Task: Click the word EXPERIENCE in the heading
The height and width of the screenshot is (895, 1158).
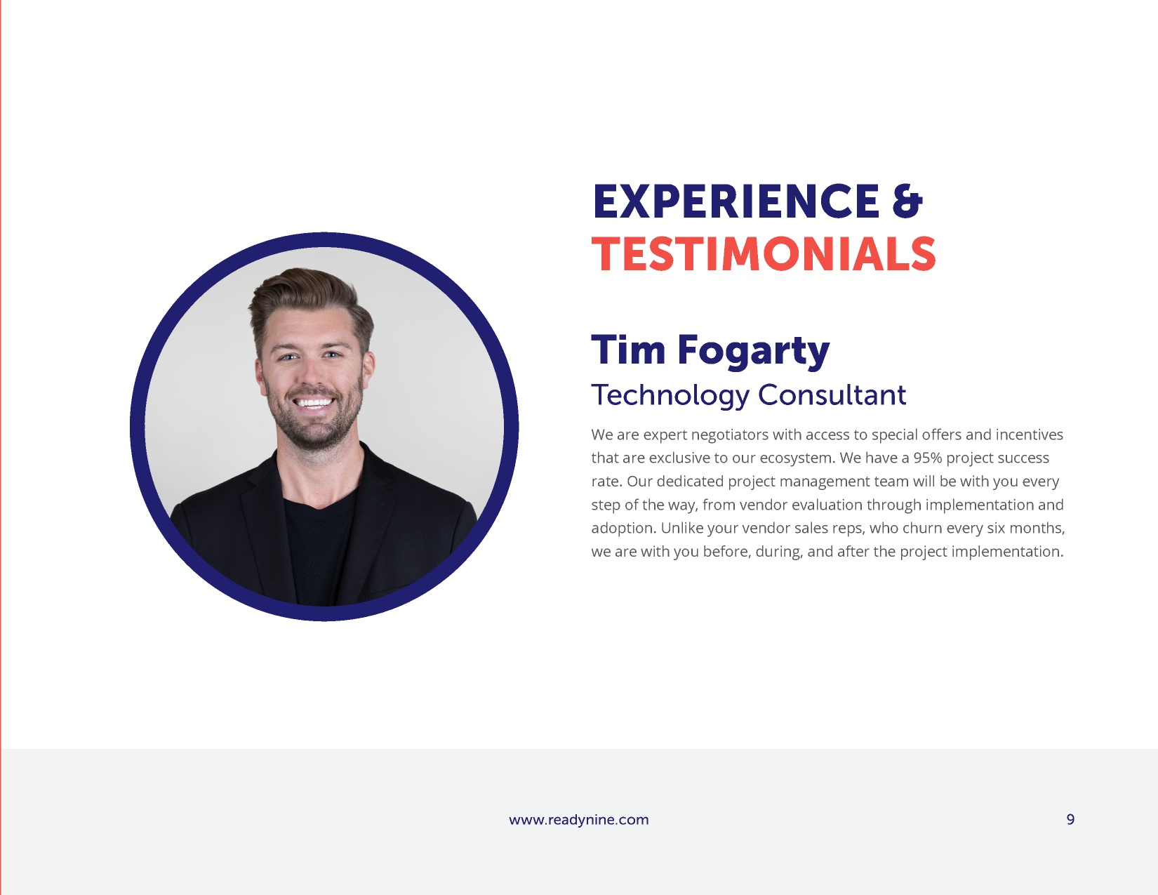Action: [x=736, y=201]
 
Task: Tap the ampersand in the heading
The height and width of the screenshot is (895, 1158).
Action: [x=907, y=201]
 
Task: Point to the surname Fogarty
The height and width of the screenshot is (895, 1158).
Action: [x=754, y=352]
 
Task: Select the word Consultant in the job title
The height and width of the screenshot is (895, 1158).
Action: [x=832, y=395]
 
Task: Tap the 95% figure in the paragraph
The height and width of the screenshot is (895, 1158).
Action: [x=928, y=458]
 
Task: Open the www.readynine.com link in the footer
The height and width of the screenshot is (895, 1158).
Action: [x=579, y=820]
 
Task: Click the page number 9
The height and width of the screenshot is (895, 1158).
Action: [x=1070, y=819]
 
